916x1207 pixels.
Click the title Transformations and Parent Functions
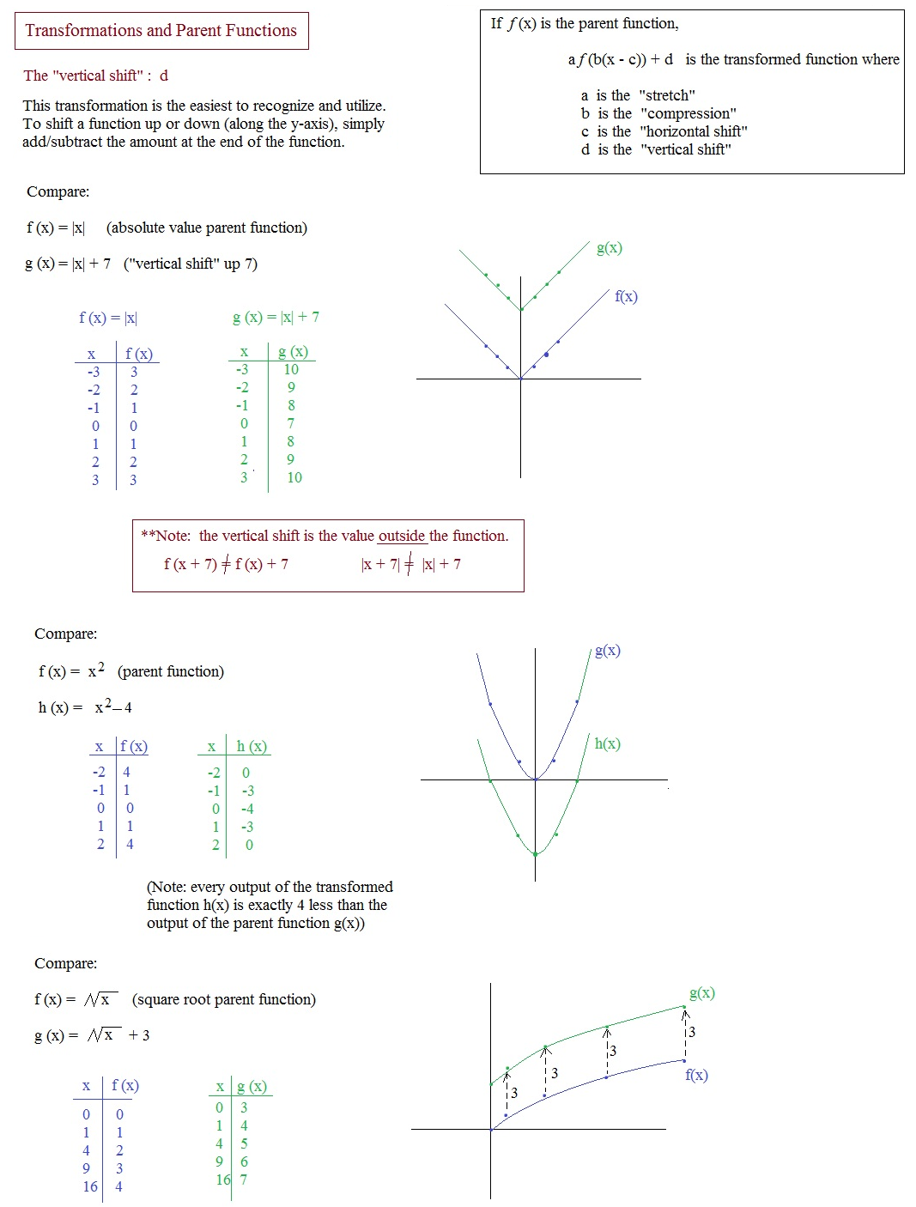[x=161, y=31]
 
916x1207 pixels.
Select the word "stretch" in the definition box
[x=667, y=95]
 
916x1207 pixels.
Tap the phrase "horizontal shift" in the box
[x=694, y=131]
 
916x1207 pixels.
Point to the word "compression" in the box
[x=689, y=113]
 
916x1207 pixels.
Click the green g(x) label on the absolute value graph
[x=610, y=248]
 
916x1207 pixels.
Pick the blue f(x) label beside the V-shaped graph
[x=626, y=297]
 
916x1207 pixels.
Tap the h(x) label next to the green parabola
[x=607, y=744]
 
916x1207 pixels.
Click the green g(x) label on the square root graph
[x=701, y=993]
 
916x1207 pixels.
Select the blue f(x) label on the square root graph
[x=696, y=1075]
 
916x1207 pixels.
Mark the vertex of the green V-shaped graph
[x=521, y=310]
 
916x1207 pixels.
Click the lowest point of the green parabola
[x=535, y=854]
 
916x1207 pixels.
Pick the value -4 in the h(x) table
[x=247, y=809]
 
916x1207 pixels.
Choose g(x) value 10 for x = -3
[x=291, y=369]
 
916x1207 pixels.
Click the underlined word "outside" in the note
[x=402, y=536]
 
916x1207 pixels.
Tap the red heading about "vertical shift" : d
[x=96, y=76]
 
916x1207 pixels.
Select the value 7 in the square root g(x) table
[x=244, y=1180]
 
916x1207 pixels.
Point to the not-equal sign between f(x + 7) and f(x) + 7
[x=226, y=564]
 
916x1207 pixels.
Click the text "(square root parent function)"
[x=223, y=999]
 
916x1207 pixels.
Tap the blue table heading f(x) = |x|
[x=108, y=318]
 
